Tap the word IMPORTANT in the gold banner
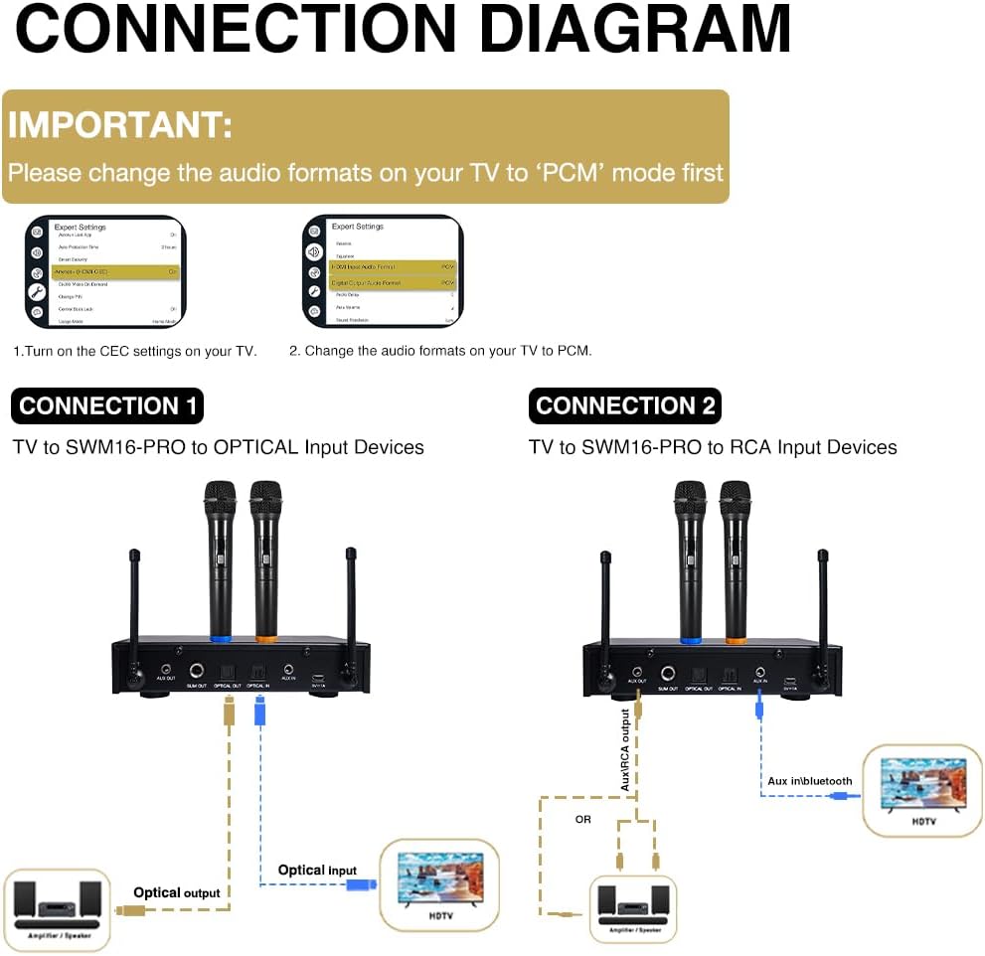click(120, 125)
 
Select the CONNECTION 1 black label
click(107, 405)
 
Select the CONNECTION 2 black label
click(624, 405)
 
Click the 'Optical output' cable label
click(177, 892)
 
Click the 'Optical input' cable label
click(317, 870)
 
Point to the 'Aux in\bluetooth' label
click(809, 781)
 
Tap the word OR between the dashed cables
click(583, 820)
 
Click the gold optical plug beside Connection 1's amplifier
click(127, 909)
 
